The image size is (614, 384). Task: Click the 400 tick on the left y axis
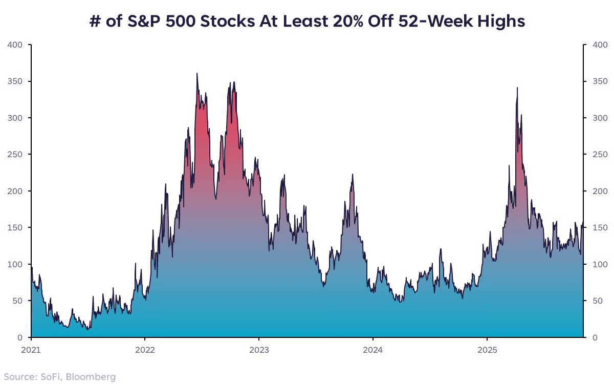[x=15, y=45]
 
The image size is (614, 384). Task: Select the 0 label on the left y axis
[x=20, y=337]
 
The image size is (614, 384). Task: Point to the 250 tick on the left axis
[x=15, y=155]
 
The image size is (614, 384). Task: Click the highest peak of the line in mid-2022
[x=197, y=74]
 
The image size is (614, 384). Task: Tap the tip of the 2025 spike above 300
[x=517, y=88]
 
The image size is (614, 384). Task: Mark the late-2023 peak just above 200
[x=353, y=175]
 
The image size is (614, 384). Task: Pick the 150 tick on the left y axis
[x=15, y=227]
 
